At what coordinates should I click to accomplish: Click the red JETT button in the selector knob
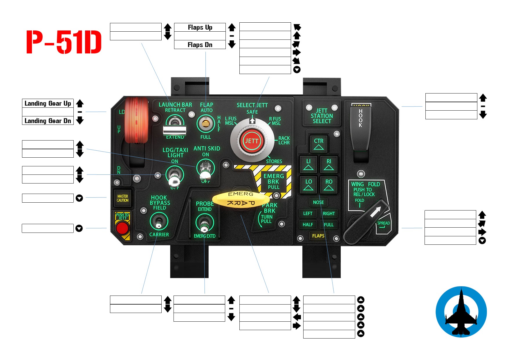tap(251, 141)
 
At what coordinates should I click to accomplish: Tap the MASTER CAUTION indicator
tap(122, 198)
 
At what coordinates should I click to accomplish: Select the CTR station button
tap(318, 144)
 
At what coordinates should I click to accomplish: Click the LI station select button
tap(308, 164)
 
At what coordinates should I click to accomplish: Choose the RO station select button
tap(328, 185)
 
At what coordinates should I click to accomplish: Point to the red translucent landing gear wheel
tap(136, 120)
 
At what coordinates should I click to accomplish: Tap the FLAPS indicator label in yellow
tap(318, 236)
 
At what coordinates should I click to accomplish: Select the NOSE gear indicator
tap(318, 202)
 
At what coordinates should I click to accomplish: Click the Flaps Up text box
tap(200, 27)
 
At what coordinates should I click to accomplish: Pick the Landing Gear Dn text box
tap(48, 121)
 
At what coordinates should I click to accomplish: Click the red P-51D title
tap(64, 42)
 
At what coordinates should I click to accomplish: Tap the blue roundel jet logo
tap(461, 312)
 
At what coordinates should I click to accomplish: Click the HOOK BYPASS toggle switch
tap(159, 222)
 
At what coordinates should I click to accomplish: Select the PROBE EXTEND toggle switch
tap(205, 223)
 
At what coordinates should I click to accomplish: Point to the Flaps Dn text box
tap(200, 45)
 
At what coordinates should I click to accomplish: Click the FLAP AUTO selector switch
tap(205, 124)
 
